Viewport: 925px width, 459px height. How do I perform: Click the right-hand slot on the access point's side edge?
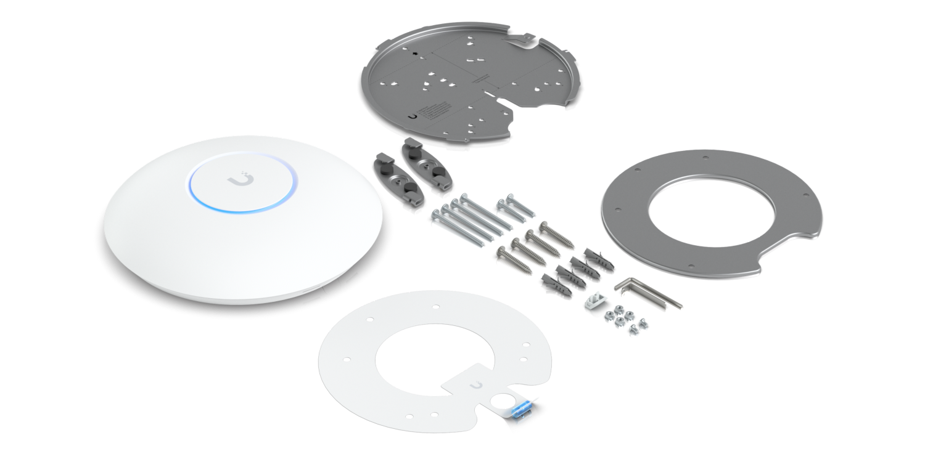[352, 281]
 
